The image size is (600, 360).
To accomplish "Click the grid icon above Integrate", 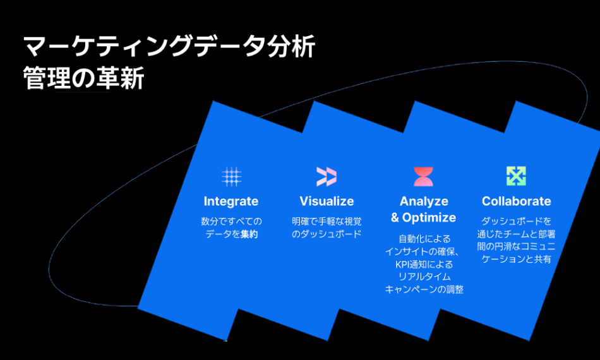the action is [232, 176].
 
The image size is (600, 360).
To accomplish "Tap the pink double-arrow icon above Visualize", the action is [327, 176].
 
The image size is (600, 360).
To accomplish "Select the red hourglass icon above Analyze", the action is [423, 176].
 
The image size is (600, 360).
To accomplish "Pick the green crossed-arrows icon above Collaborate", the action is [516, 176].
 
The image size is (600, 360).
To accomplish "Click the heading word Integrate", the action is [231, 201].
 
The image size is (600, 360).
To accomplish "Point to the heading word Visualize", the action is [327, 201].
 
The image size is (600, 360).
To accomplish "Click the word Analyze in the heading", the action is [424, 201].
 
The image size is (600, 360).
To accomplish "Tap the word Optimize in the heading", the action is [429, 217].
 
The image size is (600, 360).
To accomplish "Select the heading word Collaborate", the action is [517, 201].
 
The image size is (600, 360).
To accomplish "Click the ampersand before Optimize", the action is [395, 217].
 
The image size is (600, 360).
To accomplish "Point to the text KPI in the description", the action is [402, 265].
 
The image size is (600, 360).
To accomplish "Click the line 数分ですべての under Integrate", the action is [232, 221].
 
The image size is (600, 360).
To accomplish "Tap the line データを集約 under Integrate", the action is [232, 234].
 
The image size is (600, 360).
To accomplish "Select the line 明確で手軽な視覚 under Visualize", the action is [327, 221].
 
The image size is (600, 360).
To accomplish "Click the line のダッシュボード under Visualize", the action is [327, 234].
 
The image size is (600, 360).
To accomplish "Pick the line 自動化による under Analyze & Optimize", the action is [424, 239].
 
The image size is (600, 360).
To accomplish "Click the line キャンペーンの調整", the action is [424, 289].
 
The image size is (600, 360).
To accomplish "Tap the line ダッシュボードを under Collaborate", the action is [516, 221].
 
